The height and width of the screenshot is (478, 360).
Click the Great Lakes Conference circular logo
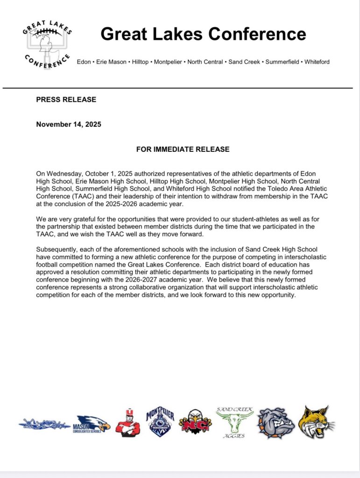(x=46, y=47)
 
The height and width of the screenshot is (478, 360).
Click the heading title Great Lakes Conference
(x=203, y=34)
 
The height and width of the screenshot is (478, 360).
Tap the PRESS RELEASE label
(x=66, y=99)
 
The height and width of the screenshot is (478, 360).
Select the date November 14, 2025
(x=68, y=124)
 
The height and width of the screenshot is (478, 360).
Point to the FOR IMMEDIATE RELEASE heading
(x=183, y=149)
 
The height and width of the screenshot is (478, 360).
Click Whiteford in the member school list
(x=317, y=62)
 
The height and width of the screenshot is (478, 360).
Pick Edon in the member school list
(x=84, y=62)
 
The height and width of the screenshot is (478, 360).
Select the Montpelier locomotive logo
(x=160, y=421)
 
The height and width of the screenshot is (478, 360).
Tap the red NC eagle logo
(x=195, y=422)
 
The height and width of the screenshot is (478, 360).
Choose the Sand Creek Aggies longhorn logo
(x=234, y=422)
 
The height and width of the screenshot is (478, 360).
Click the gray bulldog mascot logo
(x=276, y=423)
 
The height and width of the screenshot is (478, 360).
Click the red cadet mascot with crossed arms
(x=127, y=423)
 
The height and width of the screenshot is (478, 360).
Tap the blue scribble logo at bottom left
(x=44, y=424)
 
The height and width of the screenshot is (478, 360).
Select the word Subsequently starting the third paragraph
(x=56, y=250)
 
